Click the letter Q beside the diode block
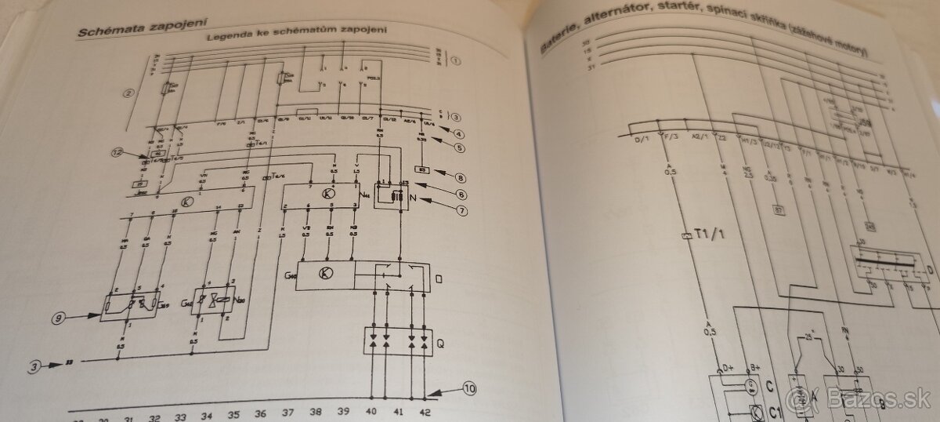[442, 342]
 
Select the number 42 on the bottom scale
[424, 412]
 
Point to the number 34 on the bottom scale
[206, 415]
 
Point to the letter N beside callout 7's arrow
[413, 198]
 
